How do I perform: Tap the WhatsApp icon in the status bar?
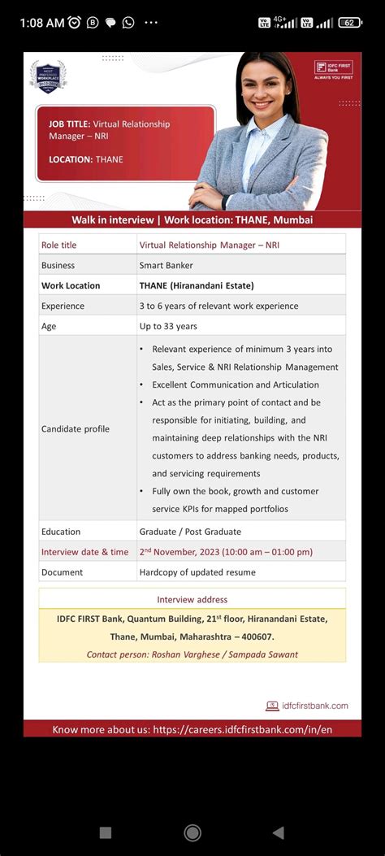tap(128, 23)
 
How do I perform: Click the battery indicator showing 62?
tap(350, 23)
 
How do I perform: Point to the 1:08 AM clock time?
tap(42, 23)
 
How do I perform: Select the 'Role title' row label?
tap(58, 245)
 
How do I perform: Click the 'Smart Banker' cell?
tap(166, 265)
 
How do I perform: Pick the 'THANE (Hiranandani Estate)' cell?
tap(197, 285)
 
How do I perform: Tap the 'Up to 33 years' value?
tap(168, 326)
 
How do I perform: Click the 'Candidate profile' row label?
tap(76, 428)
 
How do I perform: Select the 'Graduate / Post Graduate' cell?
tap(190, 532)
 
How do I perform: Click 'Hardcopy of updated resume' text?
tap(197, 572)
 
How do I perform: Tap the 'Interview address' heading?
tap(192, 600)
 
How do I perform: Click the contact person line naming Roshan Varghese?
tap(192, 654)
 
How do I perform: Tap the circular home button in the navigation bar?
tap(192, 832)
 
